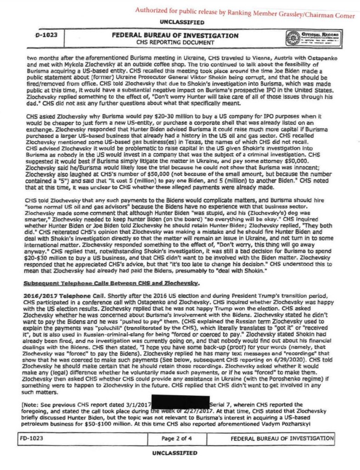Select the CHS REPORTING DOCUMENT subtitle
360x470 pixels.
[x=176, y=42]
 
